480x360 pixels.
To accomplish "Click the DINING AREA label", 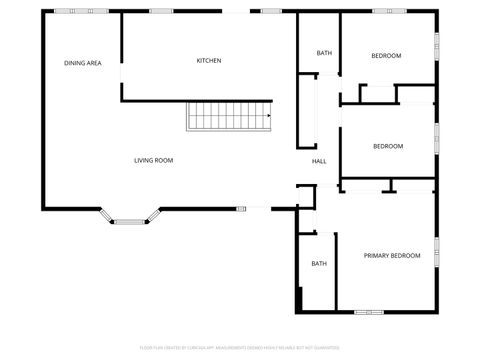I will [83, 63].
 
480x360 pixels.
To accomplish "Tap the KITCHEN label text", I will [209, 61].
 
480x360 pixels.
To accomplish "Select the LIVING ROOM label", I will [154, 160].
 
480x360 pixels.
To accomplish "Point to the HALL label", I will [319, 161].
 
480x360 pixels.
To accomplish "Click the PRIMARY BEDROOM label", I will [391, 256].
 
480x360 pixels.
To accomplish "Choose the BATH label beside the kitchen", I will [324, 53].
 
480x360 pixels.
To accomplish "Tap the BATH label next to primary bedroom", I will [319, 264].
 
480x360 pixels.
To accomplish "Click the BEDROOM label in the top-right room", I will [386, 55].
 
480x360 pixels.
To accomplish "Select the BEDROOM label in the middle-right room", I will [388, 147].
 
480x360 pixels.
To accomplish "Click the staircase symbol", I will [229, 116].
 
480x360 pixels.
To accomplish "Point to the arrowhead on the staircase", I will [268, 115].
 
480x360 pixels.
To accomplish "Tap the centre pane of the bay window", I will [128, 221].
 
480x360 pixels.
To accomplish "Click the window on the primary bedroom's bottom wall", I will [368, 312].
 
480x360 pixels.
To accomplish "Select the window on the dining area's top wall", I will [68, 11].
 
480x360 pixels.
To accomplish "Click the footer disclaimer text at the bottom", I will [240, 348].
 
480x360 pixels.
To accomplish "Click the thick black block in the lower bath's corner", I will [299, 299].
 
